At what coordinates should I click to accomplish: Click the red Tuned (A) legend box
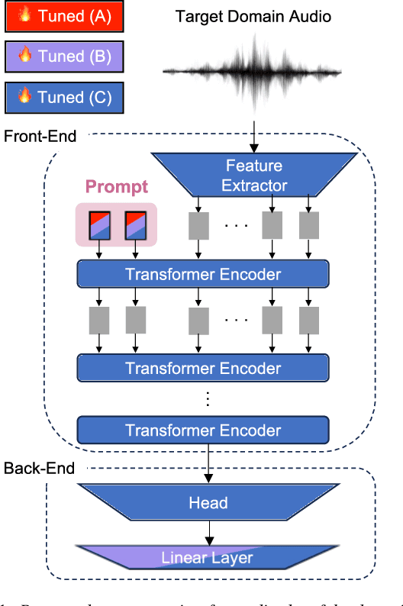(63, 17)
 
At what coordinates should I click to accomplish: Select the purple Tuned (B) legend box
(63, 56)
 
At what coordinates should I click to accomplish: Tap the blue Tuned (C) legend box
(63, 97)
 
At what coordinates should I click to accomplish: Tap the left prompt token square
(98, 225)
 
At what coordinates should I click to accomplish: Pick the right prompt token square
(134, 225)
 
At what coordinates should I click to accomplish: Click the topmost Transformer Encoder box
(203, 274)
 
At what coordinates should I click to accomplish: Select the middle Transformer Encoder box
(203, 368)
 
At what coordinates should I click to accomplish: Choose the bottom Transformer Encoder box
(203, 430)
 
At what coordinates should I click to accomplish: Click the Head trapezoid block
(208, 502)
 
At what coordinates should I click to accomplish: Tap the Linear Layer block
(208, 557)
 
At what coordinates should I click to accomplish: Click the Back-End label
(40, 468)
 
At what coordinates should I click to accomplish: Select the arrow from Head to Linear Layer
(208, 532)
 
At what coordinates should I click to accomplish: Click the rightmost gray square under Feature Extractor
(309, 225)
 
